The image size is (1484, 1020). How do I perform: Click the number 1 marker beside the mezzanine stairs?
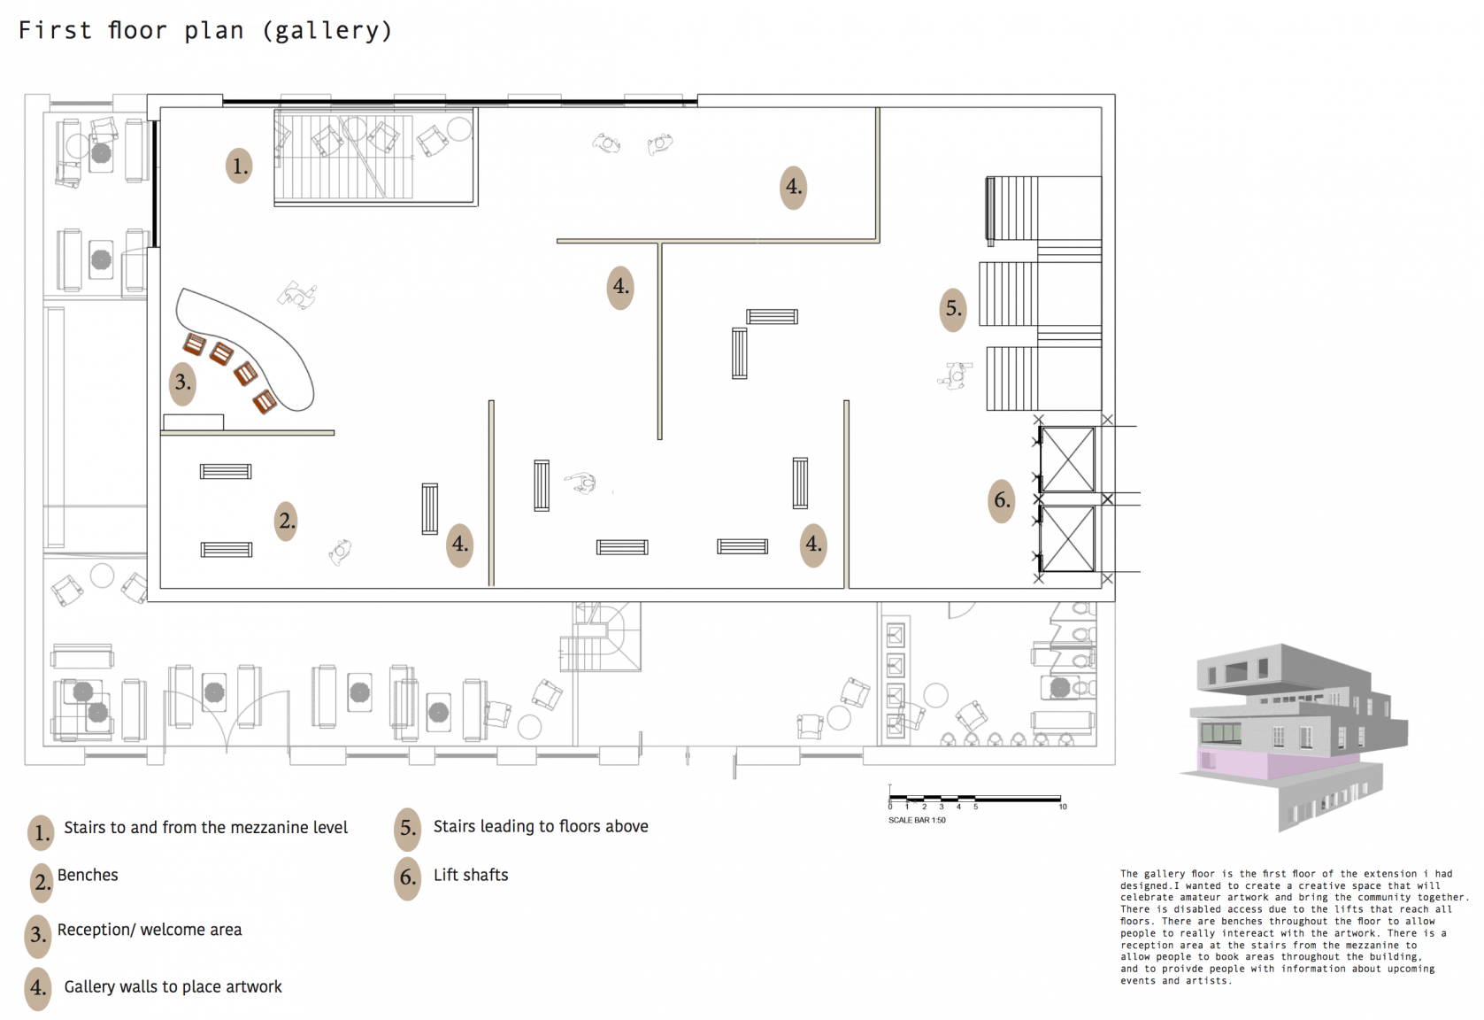tap(239, 166)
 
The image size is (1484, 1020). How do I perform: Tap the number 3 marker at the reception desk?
tap(183, 382)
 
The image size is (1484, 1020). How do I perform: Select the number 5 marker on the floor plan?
tap(953, 308)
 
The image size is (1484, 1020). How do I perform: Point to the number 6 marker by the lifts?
tap(1001, 500)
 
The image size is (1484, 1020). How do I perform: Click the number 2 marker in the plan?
tap(286, 521)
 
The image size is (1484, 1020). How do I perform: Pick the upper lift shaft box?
tap(1067, 460)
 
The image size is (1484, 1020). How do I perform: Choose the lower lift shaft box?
tap(1067, 538)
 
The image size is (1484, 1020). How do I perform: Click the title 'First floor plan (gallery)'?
tap(205, 30)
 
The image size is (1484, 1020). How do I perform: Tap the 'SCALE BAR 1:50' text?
tap(917, 820)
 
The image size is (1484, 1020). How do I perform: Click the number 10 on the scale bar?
tap(1063, 807)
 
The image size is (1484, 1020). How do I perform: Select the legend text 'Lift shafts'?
tap(471, 875)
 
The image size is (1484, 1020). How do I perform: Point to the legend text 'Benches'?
tap(88, 875)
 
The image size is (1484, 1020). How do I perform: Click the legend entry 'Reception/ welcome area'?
tap(150, 930)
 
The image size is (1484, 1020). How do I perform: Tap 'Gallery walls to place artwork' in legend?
tap(173, 987)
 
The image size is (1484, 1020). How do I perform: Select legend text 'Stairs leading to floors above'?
tap(541, 826)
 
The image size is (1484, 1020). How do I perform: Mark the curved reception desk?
tap(251, 344)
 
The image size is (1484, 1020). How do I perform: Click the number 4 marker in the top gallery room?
tap(793, 188)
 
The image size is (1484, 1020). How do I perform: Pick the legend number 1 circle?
tap(41, 832)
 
